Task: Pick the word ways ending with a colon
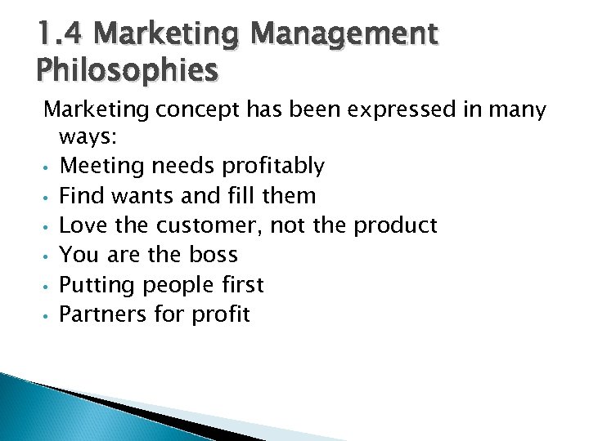pos(83,137)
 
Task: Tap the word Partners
pos(101,314)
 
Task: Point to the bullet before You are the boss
pos(47,256)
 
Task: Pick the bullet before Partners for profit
pos(47,315)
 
